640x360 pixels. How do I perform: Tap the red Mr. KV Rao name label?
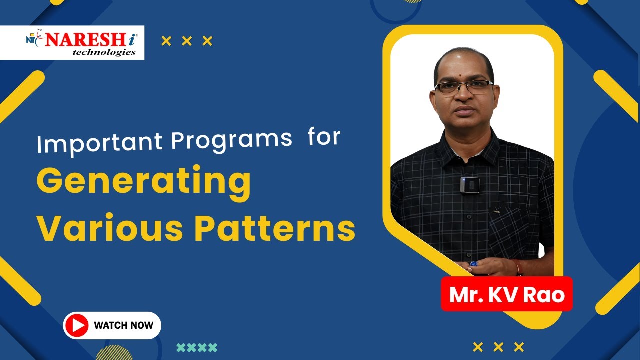tap(506, 294)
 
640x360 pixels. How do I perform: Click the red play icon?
tap(77, 325)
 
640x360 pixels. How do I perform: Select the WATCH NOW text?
tap(124, 325)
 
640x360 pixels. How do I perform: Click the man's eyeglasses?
tap(464, 87)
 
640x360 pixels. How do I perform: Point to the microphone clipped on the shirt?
tap(469, 185)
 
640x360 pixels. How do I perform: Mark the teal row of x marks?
tap(197, 347)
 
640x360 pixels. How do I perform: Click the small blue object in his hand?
tap(473, 264)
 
